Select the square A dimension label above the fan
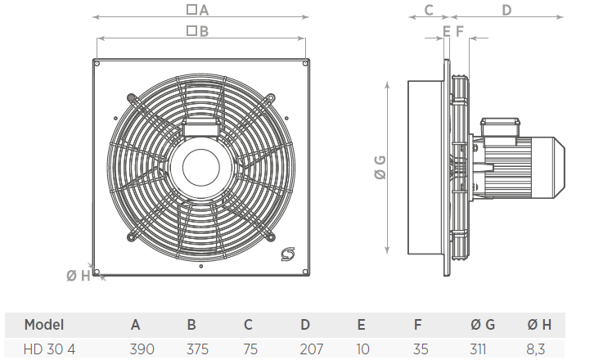[198, 10]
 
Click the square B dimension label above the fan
[198, 31]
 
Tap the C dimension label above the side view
[428, 10]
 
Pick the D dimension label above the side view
[506, 10]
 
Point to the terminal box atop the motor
[500, 126]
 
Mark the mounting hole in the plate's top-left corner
[97, 64]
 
